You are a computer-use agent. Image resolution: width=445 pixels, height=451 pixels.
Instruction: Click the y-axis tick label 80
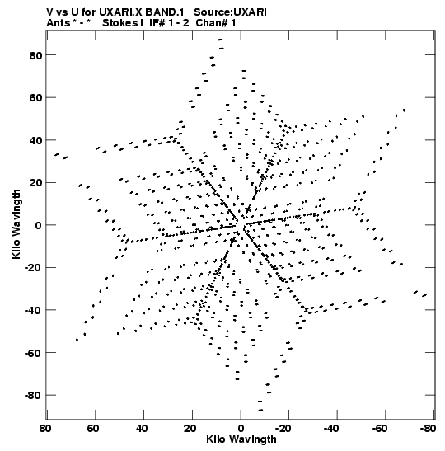click(35, 55)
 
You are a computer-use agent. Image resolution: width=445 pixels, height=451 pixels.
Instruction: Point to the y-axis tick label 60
click(35, 97)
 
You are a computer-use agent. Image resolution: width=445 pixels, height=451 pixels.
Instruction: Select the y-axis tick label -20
click(33, 267)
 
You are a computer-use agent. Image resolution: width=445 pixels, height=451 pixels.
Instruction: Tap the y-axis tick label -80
click(33, 395)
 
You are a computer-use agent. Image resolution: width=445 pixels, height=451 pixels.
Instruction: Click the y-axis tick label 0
click(39, 225)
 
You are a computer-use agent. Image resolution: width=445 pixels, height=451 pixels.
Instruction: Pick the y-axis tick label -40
click(33, 310)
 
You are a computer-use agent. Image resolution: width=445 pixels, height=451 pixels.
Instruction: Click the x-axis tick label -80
click(428, 429)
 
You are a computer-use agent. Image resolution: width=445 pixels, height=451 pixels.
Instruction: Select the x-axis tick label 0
click(241, 429)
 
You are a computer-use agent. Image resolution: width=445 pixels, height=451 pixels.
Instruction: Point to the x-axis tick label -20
click(283, 429)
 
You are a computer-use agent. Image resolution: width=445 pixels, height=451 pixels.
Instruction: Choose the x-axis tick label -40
click(331, 429)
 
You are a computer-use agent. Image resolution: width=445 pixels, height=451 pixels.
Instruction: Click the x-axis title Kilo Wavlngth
click(241, 439)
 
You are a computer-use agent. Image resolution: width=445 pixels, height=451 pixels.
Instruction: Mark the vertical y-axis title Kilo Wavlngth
click(16, 224)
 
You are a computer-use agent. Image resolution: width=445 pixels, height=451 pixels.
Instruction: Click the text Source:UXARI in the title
click(230, 12)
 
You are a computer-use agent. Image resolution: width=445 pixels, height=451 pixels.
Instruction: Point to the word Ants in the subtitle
click(58, 23)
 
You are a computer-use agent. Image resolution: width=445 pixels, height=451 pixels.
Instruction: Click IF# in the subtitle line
click(157, 23)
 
